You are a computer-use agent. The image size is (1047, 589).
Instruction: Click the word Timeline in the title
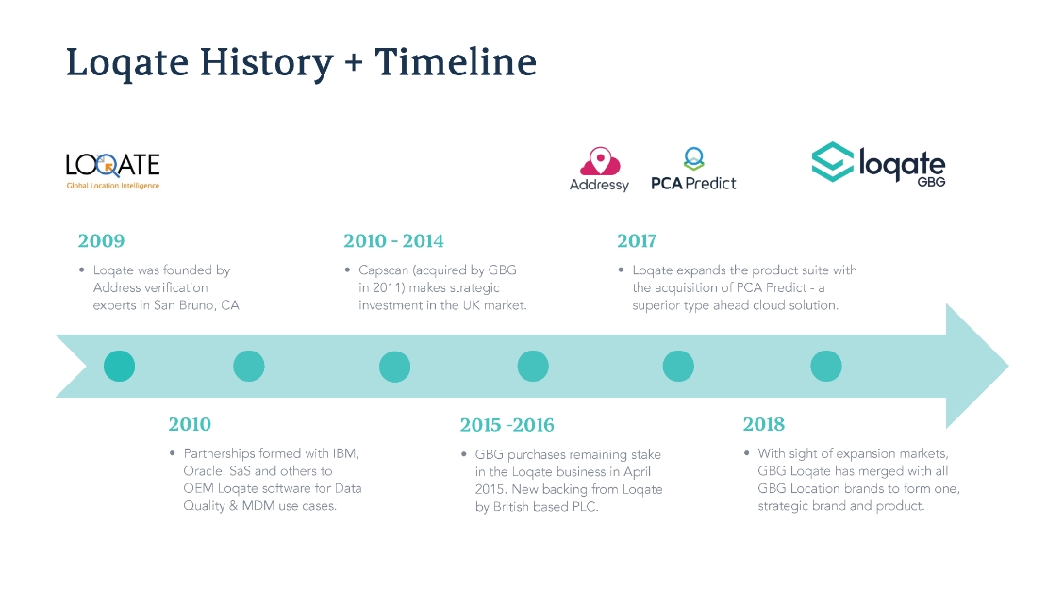point(456,62)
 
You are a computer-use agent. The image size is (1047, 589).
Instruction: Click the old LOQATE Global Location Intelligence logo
point(113,171)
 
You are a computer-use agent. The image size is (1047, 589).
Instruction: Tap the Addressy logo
point(599,170)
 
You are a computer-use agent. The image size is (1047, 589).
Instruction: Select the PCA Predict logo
point(693,170)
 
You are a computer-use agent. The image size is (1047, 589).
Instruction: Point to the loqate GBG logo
point(878,163)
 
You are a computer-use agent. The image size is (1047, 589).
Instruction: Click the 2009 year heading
point(101,241)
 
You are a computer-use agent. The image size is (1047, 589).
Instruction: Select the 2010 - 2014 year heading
point(393,241)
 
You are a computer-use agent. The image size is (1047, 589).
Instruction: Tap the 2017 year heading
point(637,241)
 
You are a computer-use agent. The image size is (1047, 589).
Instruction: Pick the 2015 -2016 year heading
point(507,425)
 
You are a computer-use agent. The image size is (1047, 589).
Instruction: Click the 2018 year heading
point(763,424)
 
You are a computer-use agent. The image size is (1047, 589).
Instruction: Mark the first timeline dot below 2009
point(120,367)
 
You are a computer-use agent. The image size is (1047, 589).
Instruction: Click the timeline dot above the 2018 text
point(826,367)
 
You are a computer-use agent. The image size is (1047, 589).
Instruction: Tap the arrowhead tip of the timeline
point(1007,366)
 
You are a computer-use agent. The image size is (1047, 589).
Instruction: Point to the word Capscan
point(383,270)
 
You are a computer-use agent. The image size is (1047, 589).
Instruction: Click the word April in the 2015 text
point(637,472)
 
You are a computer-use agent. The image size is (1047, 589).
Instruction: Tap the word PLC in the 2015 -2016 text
point(584,507)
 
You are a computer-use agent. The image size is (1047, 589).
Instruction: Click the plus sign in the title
point(354,63)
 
